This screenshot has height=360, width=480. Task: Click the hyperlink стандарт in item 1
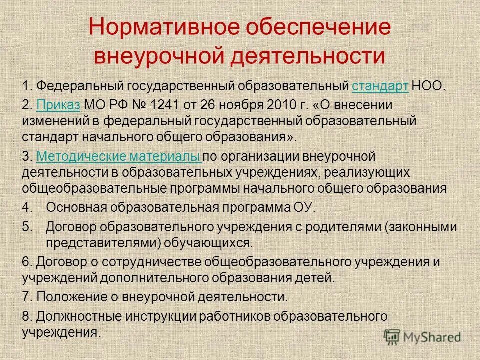[x=380, y=86]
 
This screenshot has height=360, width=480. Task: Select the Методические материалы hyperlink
[x=119, y=157]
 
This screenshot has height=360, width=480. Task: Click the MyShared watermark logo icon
[x=392, y=337]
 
